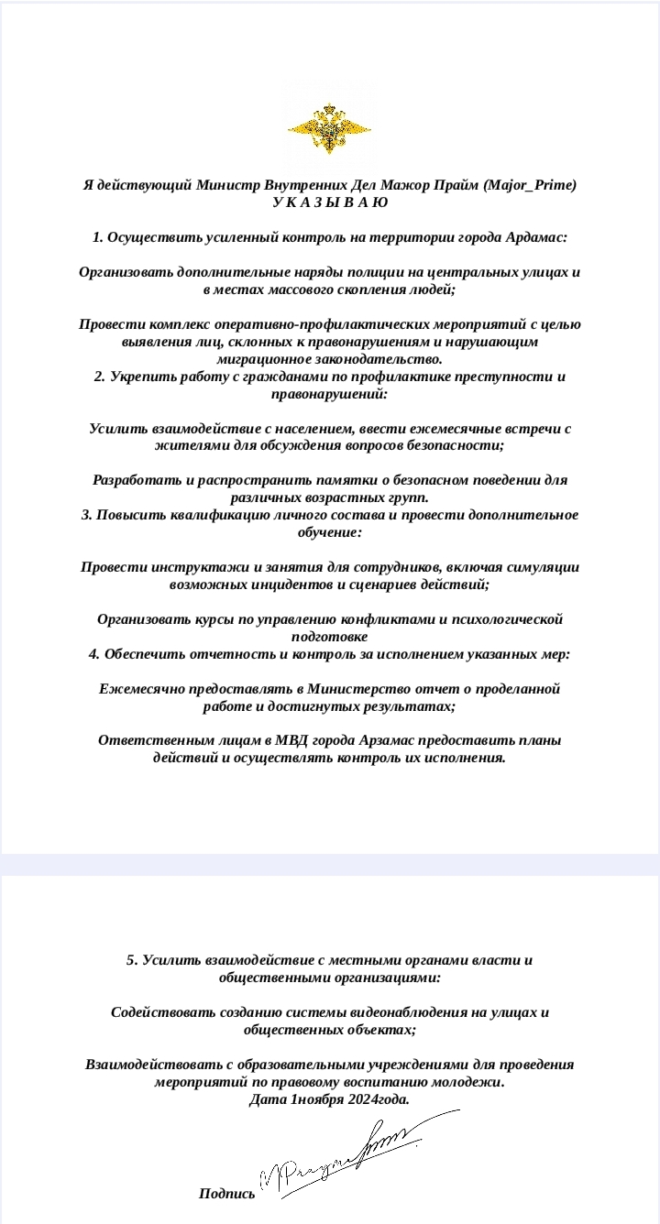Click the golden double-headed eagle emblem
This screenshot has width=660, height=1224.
tap(329, 129)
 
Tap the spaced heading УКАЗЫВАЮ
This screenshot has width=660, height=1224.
tap(330, 202)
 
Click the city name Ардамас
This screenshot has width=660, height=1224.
tap(535, 237)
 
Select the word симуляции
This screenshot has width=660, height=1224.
tap(542, 567)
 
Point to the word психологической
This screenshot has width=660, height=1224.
tap(505, 619)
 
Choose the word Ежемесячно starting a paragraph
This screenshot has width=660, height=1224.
tap(139, 689)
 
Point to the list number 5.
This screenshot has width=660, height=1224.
tap(131, 960)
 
